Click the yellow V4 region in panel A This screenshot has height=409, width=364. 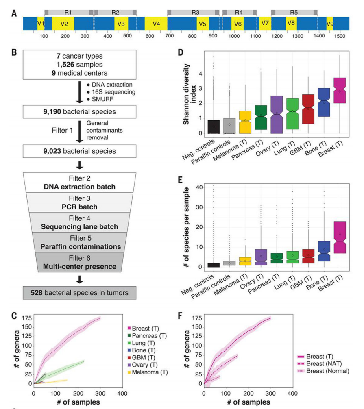(156, 24)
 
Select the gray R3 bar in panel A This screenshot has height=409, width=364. (195, 13)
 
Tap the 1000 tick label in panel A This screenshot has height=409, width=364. (234, 36)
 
